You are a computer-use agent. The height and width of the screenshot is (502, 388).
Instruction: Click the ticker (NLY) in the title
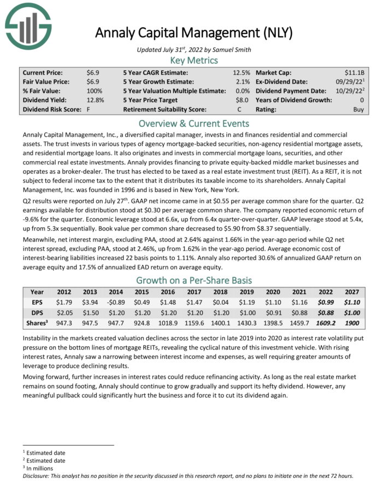pos(277,33)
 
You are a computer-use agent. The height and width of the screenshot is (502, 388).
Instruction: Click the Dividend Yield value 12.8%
pos(95,100)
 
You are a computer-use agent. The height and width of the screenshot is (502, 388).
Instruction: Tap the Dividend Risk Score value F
pos(89,109)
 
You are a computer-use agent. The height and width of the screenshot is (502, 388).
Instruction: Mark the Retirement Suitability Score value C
pos(248,109)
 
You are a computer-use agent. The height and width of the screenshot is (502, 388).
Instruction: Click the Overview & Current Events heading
pos(194,123)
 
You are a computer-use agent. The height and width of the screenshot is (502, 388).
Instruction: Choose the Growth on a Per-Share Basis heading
pos(194,280)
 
